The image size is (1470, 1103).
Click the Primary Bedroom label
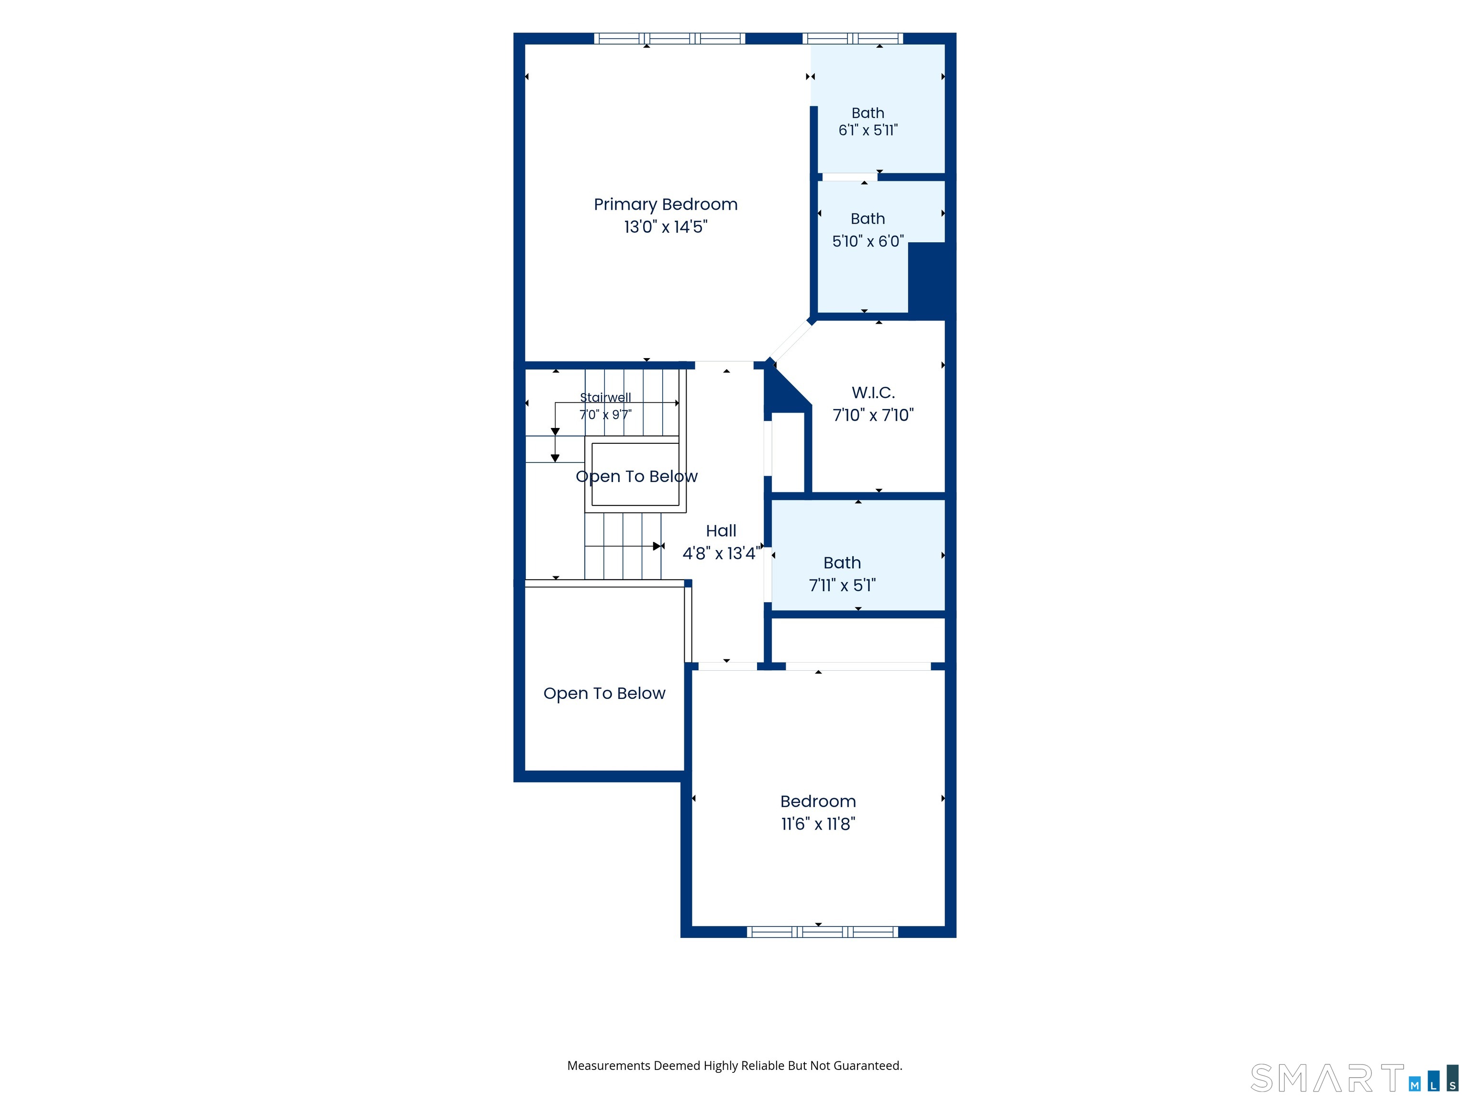coord(665,205)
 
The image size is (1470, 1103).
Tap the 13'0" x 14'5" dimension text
coord(665,227)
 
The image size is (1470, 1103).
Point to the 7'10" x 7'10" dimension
coord(873,415)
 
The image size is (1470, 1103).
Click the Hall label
coord(721,530)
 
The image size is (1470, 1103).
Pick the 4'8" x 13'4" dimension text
coord(722,553)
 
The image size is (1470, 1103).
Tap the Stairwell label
coord(605,397)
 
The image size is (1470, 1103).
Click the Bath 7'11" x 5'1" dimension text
coord(842,585)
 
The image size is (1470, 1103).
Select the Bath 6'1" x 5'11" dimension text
coord(868,130)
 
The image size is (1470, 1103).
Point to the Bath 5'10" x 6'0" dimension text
coord(868,241)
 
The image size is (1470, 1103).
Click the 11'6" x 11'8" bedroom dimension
coord(818,824)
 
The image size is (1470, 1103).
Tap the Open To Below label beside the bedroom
coord(604,694)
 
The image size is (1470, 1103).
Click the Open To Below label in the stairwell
coord(636,477)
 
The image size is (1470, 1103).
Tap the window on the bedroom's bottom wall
coord(822,932)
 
